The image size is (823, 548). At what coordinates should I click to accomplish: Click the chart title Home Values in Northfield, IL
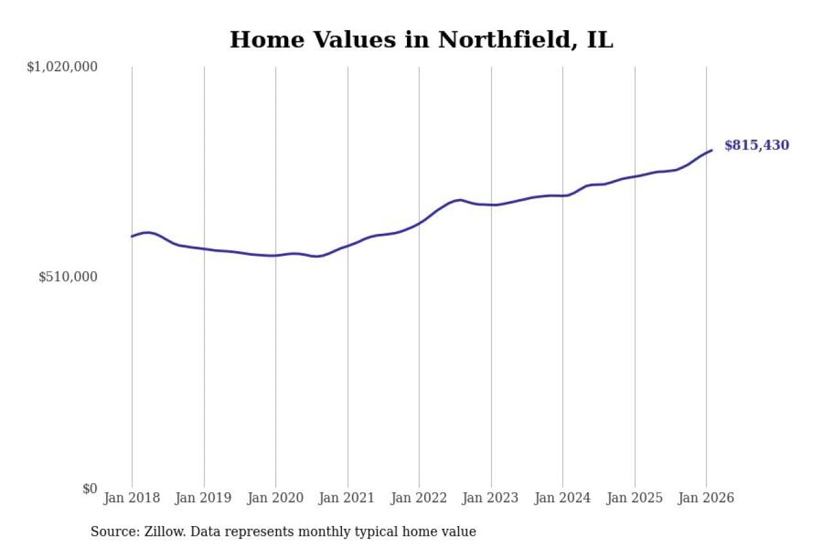pyautogui.click(x=421, y=40)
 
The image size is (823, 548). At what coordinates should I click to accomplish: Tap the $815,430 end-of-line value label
pyautogui.click(x=757, y=146)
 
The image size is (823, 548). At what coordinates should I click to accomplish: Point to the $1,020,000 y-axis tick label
pyautogui.click(x=62, y=67)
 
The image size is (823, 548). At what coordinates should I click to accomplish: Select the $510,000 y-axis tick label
pyautogui.click(x=68, y=277)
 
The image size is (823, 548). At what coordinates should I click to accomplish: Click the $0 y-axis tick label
pyautogui.click(x=89, y=488)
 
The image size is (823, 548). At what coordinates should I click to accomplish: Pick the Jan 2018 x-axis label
pyautogui.click(x=132, y=498)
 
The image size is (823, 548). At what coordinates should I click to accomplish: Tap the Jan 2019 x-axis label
pyautogui.click(x=204, y=498)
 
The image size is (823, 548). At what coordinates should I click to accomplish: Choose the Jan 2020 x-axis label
pyautogui.click(x=275, y=498)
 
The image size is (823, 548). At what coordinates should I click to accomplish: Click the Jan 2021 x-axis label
pyautogui.click(x=347, y=498)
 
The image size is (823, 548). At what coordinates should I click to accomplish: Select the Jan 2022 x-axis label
pyautogui.click(x=419, y=498)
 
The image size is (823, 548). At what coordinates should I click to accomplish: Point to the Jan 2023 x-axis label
pyautogui.click(x=491, y=498)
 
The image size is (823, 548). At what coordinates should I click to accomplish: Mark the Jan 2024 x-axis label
pyautogui.click(x=563, y=498)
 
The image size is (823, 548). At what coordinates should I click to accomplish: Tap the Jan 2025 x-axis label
pyautogui.click(x=635, y=498)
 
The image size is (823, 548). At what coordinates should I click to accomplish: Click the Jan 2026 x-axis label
pyautogui.click(x=706, y=498)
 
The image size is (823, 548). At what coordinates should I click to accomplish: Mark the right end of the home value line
pyautogui.click(x=712, y=150)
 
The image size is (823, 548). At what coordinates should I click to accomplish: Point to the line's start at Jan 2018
pyautogui.click(x=132, y=236)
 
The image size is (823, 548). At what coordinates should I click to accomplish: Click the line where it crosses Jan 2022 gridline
pyautogui.click(x=419, y=223)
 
